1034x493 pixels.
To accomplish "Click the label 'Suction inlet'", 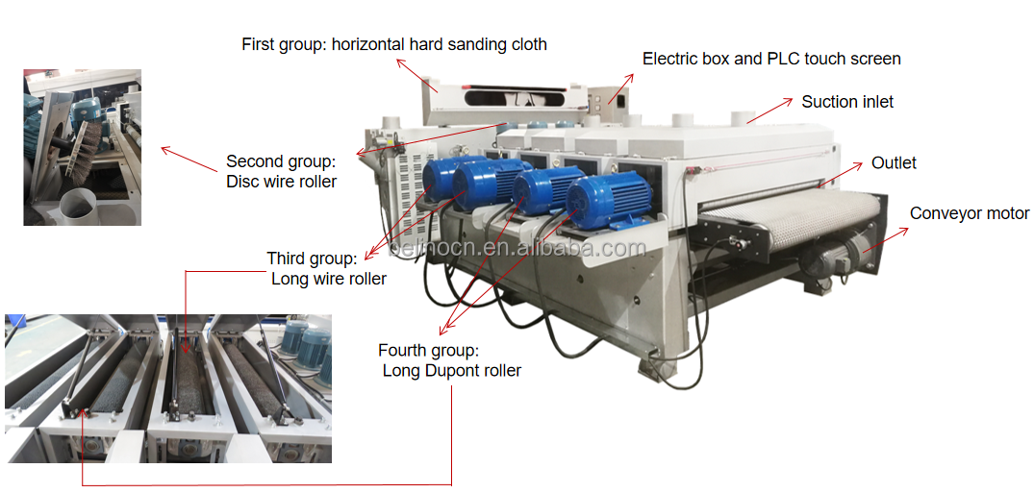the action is (x=847, y=102).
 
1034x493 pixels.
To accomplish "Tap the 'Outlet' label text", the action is (x=894, y=162).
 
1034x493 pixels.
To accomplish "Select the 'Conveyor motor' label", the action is (x=970, y=213).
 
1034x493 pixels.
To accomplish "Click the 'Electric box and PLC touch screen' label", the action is (x=771, y=59).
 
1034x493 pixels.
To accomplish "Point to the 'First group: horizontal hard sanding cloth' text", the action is (x=394, y=44).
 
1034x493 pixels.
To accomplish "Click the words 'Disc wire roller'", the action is (x=282, y=182).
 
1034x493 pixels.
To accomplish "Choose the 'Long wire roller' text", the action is (x=328, y=279).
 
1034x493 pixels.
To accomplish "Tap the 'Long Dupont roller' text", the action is (x=452, y=370).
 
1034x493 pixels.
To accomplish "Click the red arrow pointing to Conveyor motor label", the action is (x=885, y=240).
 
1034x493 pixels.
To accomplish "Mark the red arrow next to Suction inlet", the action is (x=769, y=111).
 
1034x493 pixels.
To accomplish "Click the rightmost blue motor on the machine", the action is (x=608, y=200).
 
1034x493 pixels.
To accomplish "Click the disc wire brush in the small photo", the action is (x=87, y=147).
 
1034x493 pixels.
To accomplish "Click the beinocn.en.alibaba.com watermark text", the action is (x=517, y=249).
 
